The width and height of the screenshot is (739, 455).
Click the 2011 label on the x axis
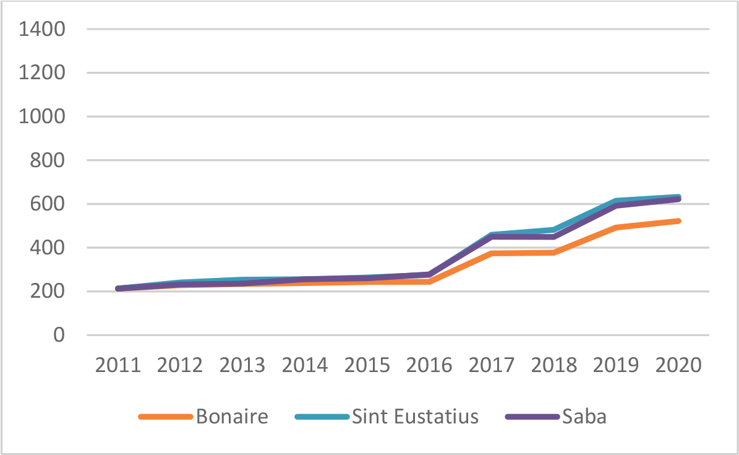pos(117,365)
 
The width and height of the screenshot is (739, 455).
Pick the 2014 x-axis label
pos(305,365)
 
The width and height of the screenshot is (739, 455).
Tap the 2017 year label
pos(492,365)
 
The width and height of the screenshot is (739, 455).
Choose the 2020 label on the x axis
pos(678,365)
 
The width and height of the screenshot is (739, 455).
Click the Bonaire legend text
pos(233,416)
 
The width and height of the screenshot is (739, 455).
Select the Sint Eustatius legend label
pos(416,416)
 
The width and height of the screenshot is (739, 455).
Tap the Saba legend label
pos(584,416)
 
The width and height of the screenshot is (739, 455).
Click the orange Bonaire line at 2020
pos(678,221)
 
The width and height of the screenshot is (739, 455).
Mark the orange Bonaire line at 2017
pos(492,253)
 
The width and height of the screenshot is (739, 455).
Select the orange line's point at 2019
pos(616,228)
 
